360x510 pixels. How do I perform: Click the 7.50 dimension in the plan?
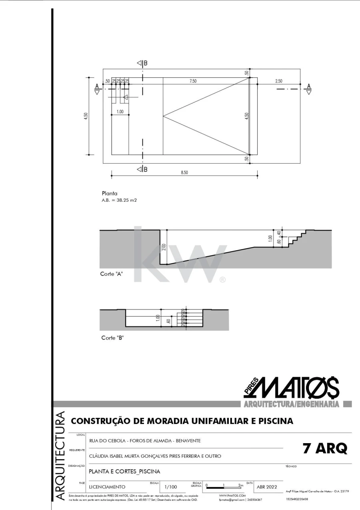tap(193, 81)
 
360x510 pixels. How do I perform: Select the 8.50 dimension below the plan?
tap(184, 173)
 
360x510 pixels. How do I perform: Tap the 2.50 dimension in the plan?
tap(278, 81)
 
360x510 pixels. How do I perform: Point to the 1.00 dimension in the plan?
tap(120, 111)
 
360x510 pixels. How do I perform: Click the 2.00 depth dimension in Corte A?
tap(164, 247)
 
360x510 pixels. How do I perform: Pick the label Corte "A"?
tap(111, 274)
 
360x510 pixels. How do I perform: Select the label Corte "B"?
tap(112, 337)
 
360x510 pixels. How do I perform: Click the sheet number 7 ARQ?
tap(325, 449)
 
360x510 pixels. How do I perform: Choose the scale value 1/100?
tap(171, 487)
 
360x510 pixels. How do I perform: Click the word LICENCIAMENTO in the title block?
tap(107, 487)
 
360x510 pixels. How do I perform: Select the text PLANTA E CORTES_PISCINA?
tap(124, 471)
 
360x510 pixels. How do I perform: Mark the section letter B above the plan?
tap(145, 63)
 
